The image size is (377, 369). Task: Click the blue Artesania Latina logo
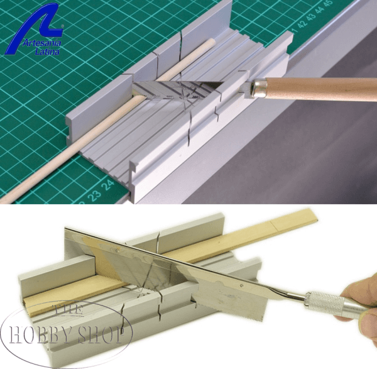36,29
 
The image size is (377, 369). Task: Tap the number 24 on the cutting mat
108,185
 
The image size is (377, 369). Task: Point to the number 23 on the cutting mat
94,196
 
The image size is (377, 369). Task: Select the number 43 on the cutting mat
311,18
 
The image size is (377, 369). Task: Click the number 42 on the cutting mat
303,24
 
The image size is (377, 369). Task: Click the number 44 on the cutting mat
319,11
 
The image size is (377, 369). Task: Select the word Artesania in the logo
42,43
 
